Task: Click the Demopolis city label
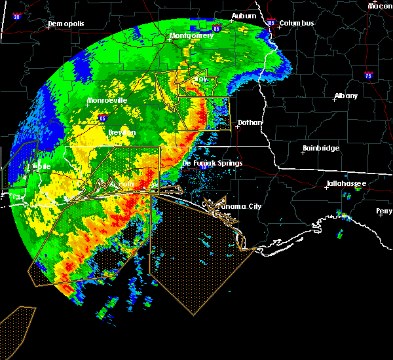click(x=67, y=24)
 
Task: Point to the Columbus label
click(x=297, y=24)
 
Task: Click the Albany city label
click(x=346, y=96)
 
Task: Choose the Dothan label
click(x=250, y=122)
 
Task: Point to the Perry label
click(x=384, y=211)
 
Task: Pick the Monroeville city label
click(x=107, y=101)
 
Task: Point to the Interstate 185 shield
click(x=271, y=24)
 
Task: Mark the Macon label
click(x=380, y=5)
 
